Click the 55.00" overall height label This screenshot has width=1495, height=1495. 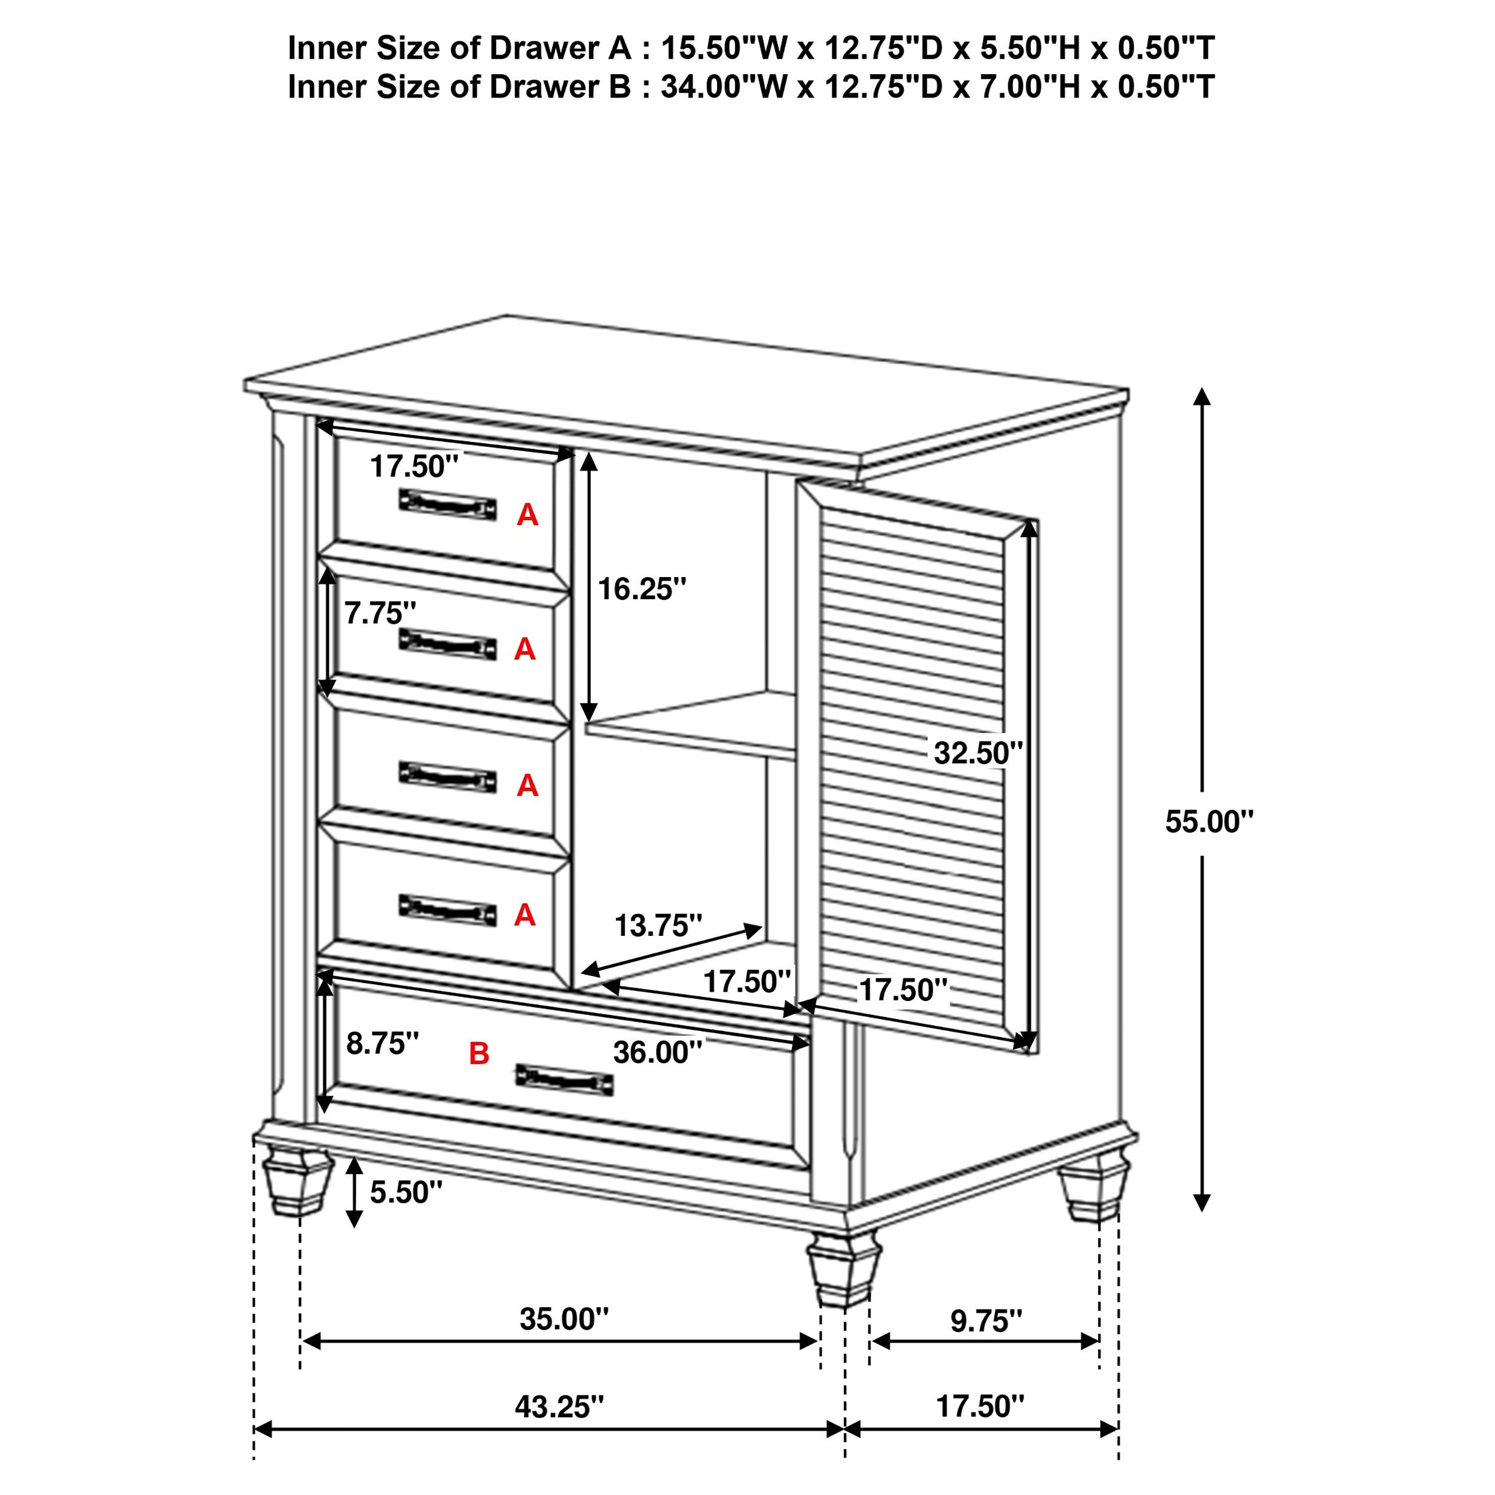pos(1208,822)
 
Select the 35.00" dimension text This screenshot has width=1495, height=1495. pos(563,1319)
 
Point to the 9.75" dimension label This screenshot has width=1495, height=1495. pos(986,1321)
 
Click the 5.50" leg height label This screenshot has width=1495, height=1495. pos(405,1192)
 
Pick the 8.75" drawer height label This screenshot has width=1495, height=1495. pos(382,1043)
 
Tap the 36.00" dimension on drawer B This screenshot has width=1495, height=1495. pos(657,1052)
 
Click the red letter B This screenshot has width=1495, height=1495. pos(479,1053)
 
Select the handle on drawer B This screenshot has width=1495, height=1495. pos(564,1079)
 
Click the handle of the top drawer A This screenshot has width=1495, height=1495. pos(447,505)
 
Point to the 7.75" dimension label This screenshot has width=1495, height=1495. pos(380,614)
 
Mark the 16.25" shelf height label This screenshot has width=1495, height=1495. pos(642,590)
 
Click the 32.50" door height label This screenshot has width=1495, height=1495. pos(977,752)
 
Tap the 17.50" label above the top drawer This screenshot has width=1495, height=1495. pos(414,466)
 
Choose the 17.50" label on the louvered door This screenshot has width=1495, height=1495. pos(903,990)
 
